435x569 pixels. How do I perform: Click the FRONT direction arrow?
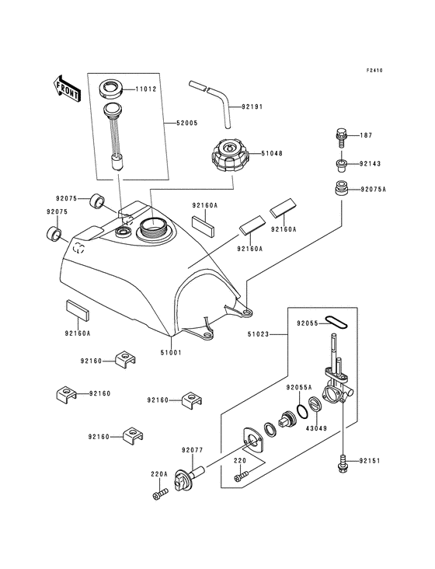click(x=68, y=89)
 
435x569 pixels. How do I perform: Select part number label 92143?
click(x=371, y=164)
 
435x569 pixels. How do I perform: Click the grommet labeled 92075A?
click(x=339, y=189)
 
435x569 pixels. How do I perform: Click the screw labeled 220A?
click(x=159, y=494)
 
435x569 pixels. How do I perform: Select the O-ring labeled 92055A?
click(x=298, y=410)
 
